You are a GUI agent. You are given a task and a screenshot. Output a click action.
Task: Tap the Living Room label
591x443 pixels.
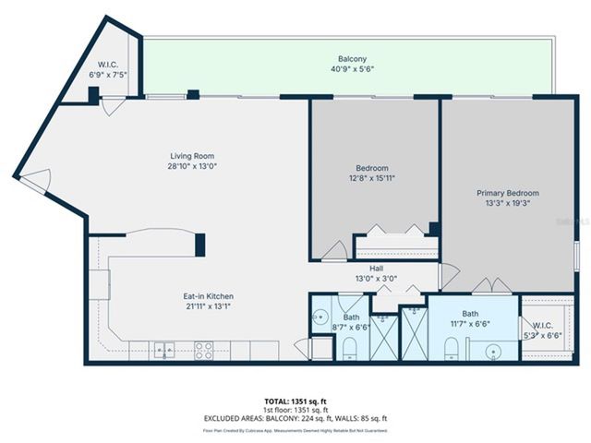point(191,156)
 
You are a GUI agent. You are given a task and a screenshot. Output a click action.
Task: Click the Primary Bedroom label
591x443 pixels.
point(507,193)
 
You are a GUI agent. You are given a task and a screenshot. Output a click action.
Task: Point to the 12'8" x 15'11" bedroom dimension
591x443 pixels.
point(373,179)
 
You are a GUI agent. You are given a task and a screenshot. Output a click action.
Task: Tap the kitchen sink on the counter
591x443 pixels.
point(163,350)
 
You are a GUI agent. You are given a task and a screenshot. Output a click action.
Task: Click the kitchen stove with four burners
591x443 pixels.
point(203,350)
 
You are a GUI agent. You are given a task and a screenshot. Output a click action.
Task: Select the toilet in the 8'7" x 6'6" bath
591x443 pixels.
point(349,349)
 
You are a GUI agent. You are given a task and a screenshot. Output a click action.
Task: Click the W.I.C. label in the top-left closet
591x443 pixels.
point(108,65)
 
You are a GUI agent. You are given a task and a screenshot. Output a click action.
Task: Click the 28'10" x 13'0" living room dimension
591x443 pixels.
point(191,167)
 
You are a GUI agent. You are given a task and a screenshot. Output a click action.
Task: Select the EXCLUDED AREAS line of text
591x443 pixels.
point(295,419)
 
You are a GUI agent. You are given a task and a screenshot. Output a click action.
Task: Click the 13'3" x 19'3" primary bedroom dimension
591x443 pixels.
point(507,204)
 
